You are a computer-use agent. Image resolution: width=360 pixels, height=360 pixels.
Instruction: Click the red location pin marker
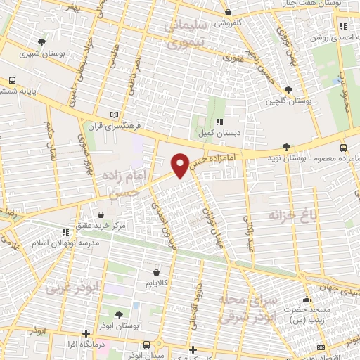tap(181, 165)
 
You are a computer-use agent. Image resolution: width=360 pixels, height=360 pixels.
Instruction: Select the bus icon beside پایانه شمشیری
tap(13, 80)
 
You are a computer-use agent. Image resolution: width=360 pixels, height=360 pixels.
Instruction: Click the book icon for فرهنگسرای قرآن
tap(115, 115)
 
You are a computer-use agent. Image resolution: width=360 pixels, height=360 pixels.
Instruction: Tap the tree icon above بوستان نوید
tap(285, 146)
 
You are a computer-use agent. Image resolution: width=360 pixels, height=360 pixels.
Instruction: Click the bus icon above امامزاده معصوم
tap(343, 148)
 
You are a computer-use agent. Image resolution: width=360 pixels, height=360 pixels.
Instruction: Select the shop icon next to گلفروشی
tap(228, 12)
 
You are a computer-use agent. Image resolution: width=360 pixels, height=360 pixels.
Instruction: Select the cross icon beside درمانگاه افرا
tap(86, 333)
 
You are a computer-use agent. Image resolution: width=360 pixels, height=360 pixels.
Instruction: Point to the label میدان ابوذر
tap(146, 354)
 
